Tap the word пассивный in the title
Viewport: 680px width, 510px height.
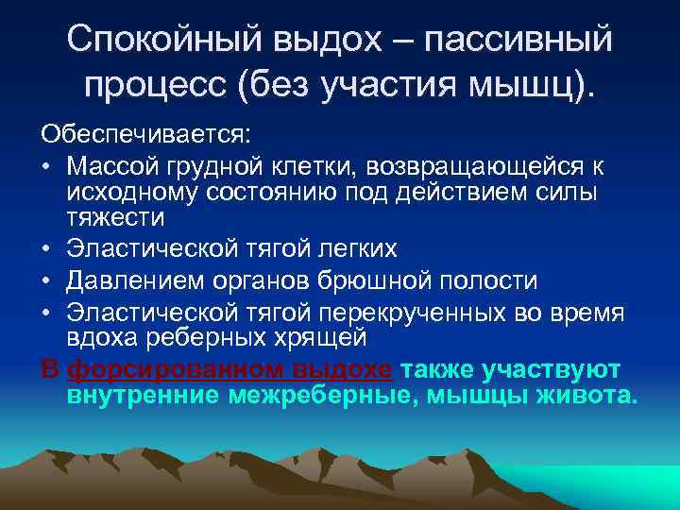click(518, 40)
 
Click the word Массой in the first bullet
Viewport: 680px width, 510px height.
click(112, 167)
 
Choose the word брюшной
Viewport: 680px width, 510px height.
click(388, 281)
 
